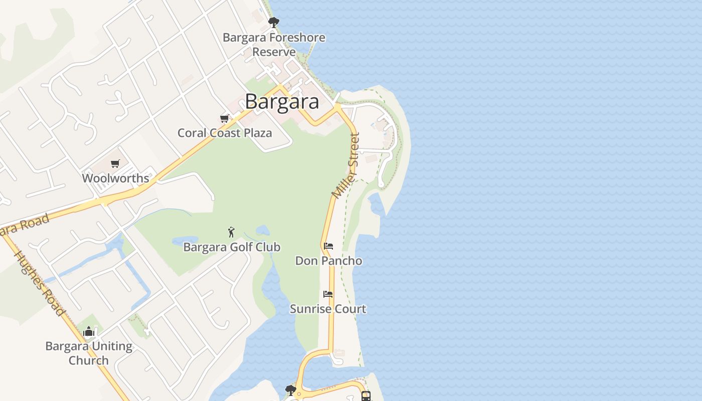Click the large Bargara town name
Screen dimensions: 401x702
tap(282, 102)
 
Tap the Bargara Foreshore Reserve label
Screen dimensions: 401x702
tap(274, 45)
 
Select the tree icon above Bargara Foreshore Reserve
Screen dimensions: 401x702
tap(273, 22)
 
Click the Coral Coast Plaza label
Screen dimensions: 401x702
tap(225, 133)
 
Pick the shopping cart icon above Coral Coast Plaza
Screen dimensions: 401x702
tap(224, 118)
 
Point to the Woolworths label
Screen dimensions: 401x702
tap(115, 178)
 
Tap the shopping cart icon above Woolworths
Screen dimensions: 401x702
tap(115, 163)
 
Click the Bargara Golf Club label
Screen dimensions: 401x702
tap(232, 247)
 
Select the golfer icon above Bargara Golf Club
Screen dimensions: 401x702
tap(231, 232)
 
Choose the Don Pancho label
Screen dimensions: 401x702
tap(328, 261)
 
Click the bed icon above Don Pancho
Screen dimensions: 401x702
tap(328, 246)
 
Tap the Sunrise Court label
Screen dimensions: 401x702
tap(328, 309)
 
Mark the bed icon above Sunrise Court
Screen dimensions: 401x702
tap(328, 294)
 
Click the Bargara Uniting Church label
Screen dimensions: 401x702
tap(89, 353)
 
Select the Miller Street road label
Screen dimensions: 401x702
tap(346, 165)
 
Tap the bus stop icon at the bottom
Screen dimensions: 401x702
tap(366, 396)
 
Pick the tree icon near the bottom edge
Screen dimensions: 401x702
tap(290, 390)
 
